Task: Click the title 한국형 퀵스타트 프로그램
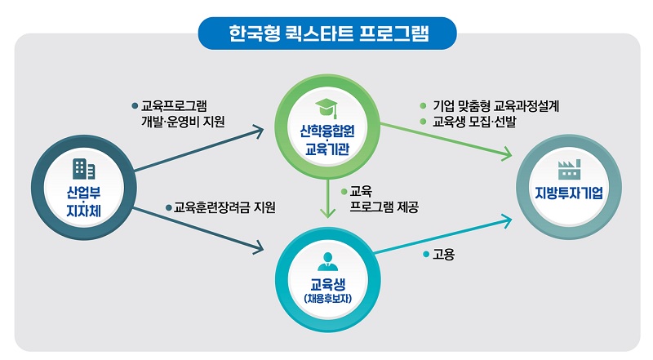click(x=329, y=33)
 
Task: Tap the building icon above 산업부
click(x=84, y=169)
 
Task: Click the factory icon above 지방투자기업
click(x=569, y=169)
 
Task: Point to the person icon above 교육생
click(x=328, y=262)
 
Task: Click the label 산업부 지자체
click(x=84, y=202)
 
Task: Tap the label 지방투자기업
click(x=569, y=193)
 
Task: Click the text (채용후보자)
click(x=328, y=299)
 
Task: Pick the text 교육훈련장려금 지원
click(x=224, y=207)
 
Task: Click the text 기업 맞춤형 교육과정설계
click(x=495, y=106)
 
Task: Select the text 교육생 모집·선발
click(x=474, y=122)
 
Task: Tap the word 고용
click(x=443, y=254)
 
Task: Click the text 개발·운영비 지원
click(x=183, y=122)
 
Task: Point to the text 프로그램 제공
click(x=384, y=207)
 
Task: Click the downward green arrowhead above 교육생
click(x=328, y=212)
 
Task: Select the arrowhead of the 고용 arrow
click(x=506, y=221)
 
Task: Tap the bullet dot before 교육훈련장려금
click(x=169, y=207)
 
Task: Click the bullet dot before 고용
click(x=425, y=254)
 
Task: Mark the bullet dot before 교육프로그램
click(x=135, y=106)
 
